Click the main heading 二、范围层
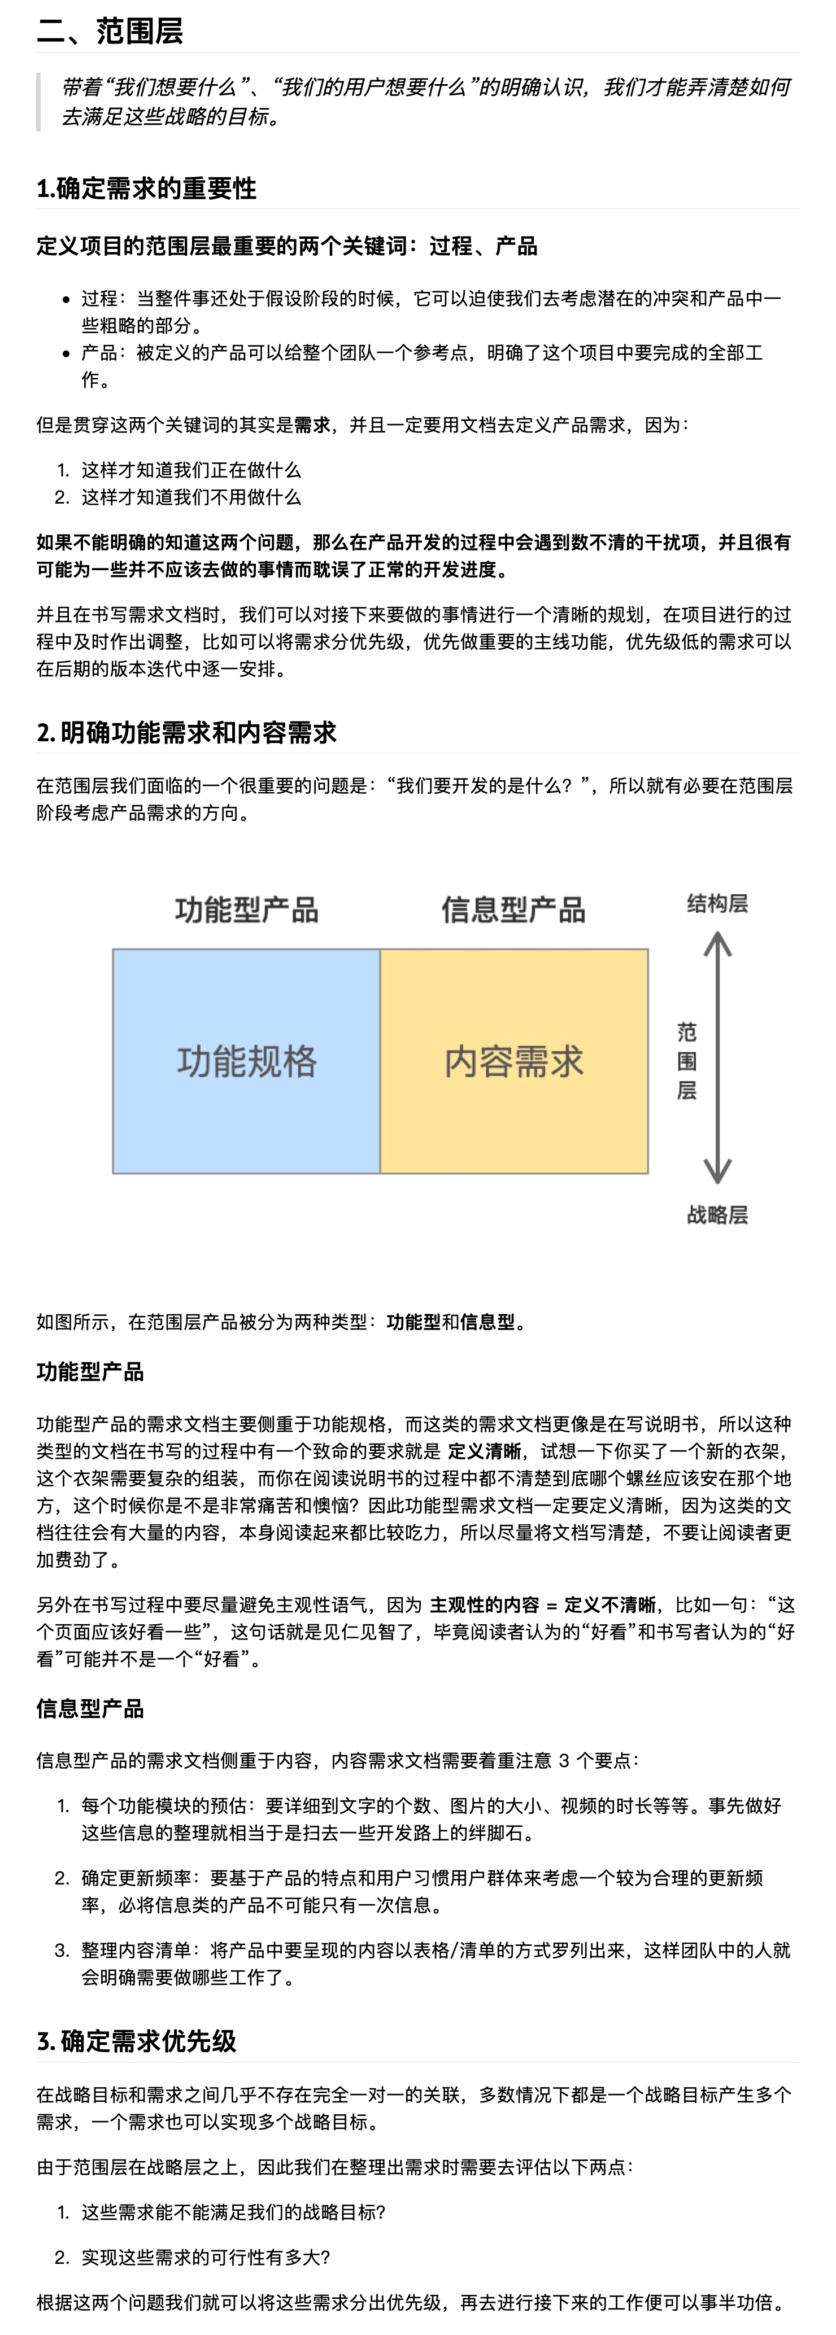110,31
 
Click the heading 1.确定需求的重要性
146,189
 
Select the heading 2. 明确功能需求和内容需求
186,732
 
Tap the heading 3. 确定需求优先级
136,2041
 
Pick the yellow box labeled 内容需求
513,1061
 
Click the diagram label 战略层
717,1214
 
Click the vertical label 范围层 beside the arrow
686,1061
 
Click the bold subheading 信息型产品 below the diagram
90,1709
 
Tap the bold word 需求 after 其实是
312,424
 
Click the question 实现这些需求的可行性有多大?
206,2257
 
